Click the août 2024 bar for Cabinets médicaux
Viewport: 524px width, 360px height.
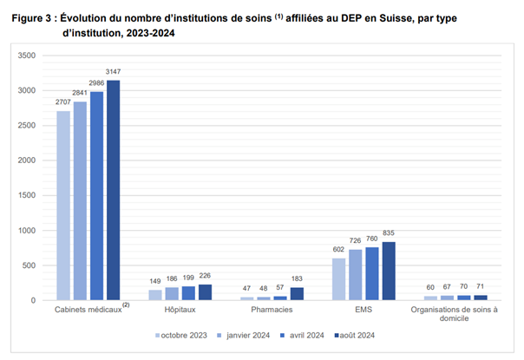coord(114,191)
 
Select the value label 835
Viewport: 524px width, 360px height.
coord(364,234)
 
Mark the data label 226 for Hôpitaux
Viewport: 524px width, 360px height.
coord(205,277)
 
